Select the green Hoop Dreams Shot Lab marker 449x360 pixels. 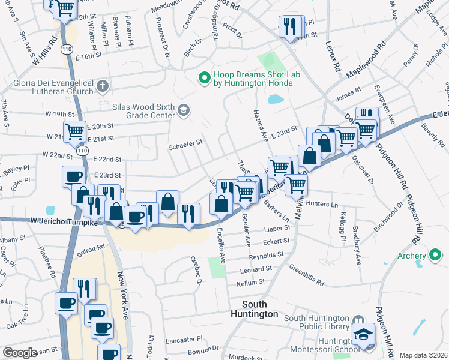[x=205, y=77]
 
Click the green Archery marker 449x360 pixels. [x=436, y=256]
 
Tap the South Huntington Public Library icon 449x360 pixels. [x=358, y=320]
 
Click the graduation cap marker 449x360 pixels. [x=363, y=334]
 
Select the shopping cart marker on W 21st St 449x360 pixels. [x=74, y=131]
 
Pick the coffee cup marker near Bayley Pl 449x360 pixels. [x=74, y=176]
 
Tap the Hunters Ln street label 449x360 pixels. [x=322, y=204]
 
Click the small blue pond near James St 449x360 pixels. [x=276, y=99]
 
